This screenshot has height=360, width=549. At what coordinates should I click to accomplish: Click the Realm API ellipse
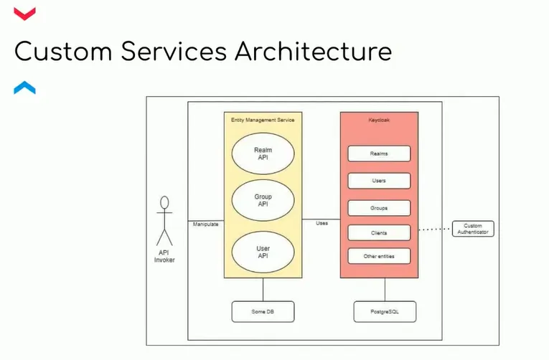[x=263, y=154]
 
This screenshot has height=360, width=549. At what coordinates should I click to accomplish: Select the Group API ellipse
[x=263, y=200]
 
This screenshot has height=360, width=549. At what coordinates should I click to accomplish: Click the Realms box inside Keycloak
[x=379, y=153]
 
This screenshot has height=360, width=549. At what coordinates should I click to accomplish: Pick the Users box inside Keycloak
[x=379, y=181]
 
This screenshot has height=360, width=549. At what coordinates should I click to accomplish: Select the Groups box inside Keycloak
[x=379, y=208]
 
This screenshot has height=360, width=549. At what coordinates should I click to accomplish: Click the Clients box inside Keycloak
[x=379, y=232]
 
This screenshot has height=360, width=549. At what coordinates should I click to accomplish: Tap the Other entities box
[x=379, y=256]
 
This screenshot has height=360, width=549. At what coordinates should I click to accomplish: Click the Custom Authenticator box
[x=473, y=229]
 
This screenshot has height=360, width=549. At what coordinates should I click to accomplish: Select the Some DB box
[x=263, y=312]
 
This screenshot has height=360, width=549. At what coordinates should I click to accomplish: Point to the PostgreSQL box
[x=385, y=312]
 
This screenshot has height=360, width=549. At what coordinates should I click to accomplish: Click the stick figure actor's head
[x=165, y=204]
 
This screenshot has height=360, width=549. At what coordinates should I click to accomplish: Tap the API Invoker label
[x=164, y=256]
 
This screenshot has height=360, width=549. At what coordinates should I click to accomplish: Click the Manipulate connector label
[x=205, y=224]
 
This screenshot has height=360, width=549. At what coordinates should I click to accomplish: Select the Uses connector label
[x=322, y=223]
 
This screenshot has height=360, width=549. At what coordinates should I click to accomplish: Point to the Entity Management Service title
[x=263, y=120]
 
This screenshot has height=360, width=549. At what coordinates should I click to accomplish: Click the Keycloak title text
[x=379, y=120]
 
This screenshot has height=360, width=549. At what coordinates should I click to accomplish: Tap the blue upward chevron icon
[x=24, y=88]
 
